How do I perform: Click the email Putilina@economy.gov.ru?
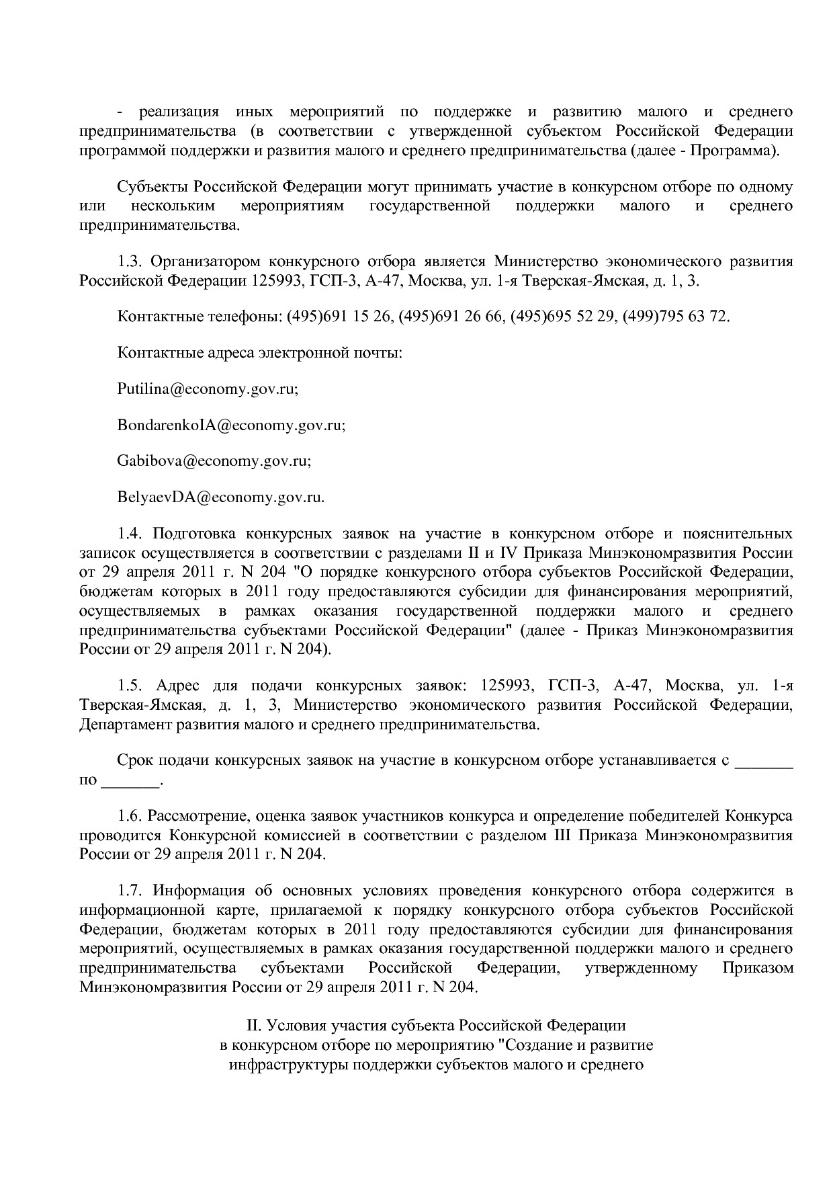(207, 389)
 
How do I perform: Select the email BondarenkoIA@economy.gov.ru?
(230, 425)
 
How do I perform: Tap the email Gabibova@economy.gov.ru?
(213, 462)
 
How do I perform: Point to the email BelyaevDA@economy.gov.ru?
(220, 498)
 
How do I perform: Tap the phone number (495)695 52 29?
(563, 316)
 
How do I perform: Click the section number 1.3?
(130, 261)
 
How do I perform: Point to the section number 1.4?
(130, 534)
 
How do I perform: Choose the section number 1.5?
(130, 686)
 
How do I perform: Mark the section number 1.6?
(130, 817)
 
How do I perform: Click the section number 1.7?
(130, 891)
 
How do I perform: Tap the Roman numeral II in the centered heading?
(254, 1026)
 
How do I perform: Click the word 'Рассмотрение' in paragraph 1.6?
(195, 817)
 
